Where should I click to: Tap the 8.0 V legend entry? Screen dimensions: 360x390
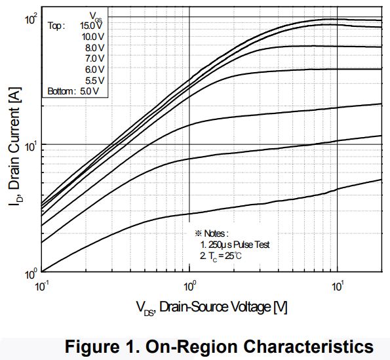[x=95, y=47]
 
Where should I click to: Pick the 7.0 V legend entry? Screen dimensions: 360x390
[x=95, y=58]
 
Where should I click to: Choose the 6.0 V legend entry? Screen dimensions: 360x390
[x=95, y=69]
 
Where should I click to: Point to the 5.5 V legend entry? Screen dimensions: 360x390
[x=95, y=80]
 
